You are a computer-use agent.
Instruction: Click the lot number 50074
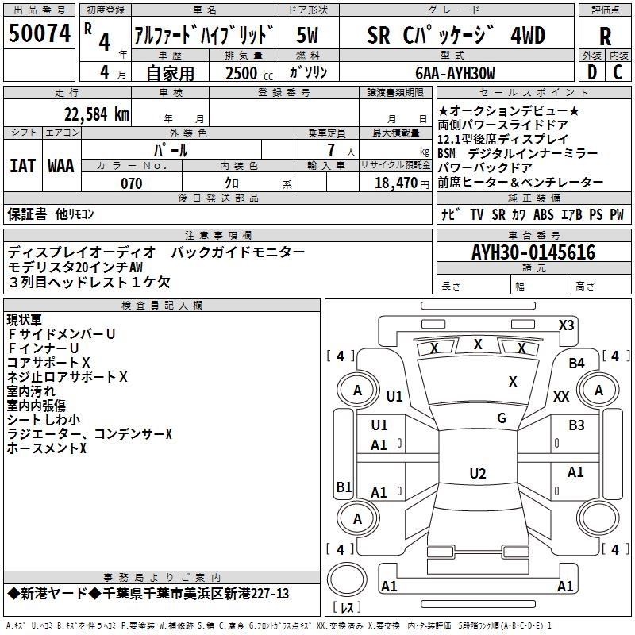click(x=40, y=34)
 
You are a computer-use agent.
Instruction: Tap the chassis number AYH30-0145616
click(x=533, y=252)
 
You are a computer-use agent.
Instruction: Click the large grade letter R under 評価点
click(x=605, y=36)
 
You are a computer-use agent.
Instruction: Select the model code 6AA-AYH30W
click(x=456, y=74)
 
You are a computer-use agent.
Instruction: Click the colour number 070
click(x=131, y=183)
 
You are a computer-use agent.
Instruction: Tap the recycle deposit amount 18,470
click(x=395, y=183)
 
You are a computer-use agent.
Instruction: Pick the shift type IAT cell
click(x=22, y=165)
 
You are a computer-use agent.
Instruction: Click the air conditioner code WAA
click(x=61, y=165)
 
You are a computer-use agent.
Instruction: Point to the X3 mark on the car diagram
click(x=566, y=325)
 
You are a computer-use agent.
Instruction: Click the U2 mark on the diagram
click(x=477, y=474)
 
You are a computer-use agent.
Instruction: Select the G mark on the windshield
click(x=502, y=418)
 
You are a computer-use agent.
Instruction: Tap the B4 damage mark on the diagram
click(x=576, y=363)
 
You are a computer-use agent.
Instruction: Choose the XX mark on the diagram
click(x=562, y=396)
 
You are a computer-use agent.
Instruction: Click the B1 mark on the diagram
click(x=344, y=487)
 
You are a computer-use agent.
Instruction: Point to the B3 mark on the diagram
click(x=576, y=425)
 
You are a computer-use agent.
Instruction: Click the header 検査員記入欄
click(x=162, y=306)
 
